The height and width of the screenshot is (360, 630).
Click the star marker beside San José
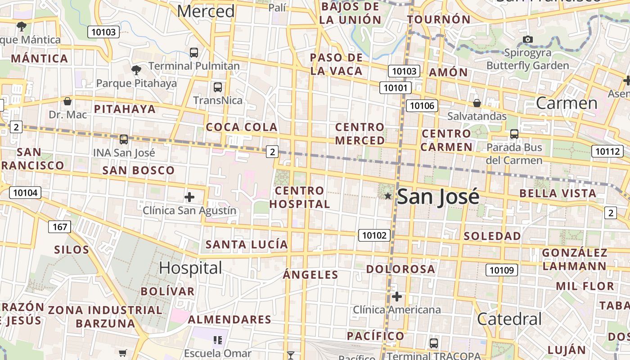click(x=388, y=196)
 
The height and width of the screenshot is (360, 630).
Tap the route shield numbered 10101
click(x=396, y=87)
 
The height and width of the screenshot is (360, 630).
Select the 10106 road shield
click(x=422, y=106)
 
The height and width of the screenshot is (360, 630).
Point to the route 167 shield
click(x=60, y=227)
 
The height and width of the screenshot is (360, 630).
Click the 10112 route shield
click(x=607, y=151)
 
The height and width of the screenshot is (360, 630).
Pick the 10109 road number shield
click(x=501, y=270)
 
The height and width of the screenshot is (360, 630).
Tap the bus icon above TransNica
click(x=218, y=87)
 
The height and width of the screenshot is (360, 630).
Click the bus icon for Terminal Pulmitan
click(x=194, y=52)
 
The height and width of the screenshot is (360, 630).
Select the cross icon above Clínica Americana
click(x=397, y=297)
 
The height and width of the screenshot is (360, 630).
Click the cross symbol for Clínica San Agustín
click(x=189, y=197)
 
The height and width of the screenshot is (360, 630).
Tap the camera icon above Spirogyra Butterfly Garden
click(x=528, y=40)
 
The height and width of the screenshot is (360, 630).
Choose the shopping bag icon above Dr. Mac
click(x=67, y=101)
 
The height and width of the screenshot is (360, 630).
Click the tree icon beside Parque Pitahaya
click(x=136, y=70)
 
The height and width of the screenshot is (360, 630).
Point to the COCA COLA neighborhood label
click(x=242, y=127)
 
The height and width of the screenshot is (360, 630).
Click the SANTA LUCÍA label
click(x=247, y=244)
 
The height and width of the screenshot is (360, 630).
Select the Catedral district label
click(x=509, y=319)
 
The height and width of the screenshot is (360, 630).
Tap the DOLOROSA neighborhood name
click(x=400, y=269)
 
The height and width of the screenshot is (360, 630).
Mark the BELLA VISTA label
click(x=558, y=193)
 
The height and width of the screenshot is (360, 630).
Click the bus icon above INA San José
click(x=124, y=139)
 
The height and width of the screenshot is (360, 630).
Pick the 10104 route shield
click(x=25, y=193)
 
